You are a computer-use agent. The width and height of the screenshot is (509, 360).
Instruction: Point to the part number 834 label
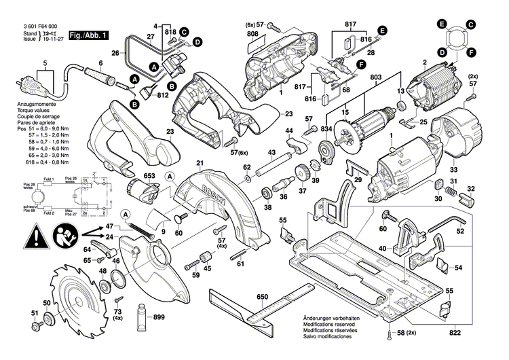327,129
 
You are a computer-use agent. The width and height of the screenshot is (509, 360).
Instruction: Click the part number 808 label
252,35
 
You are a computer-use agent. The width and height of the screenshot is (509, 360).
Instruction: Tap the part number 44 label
289,130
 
